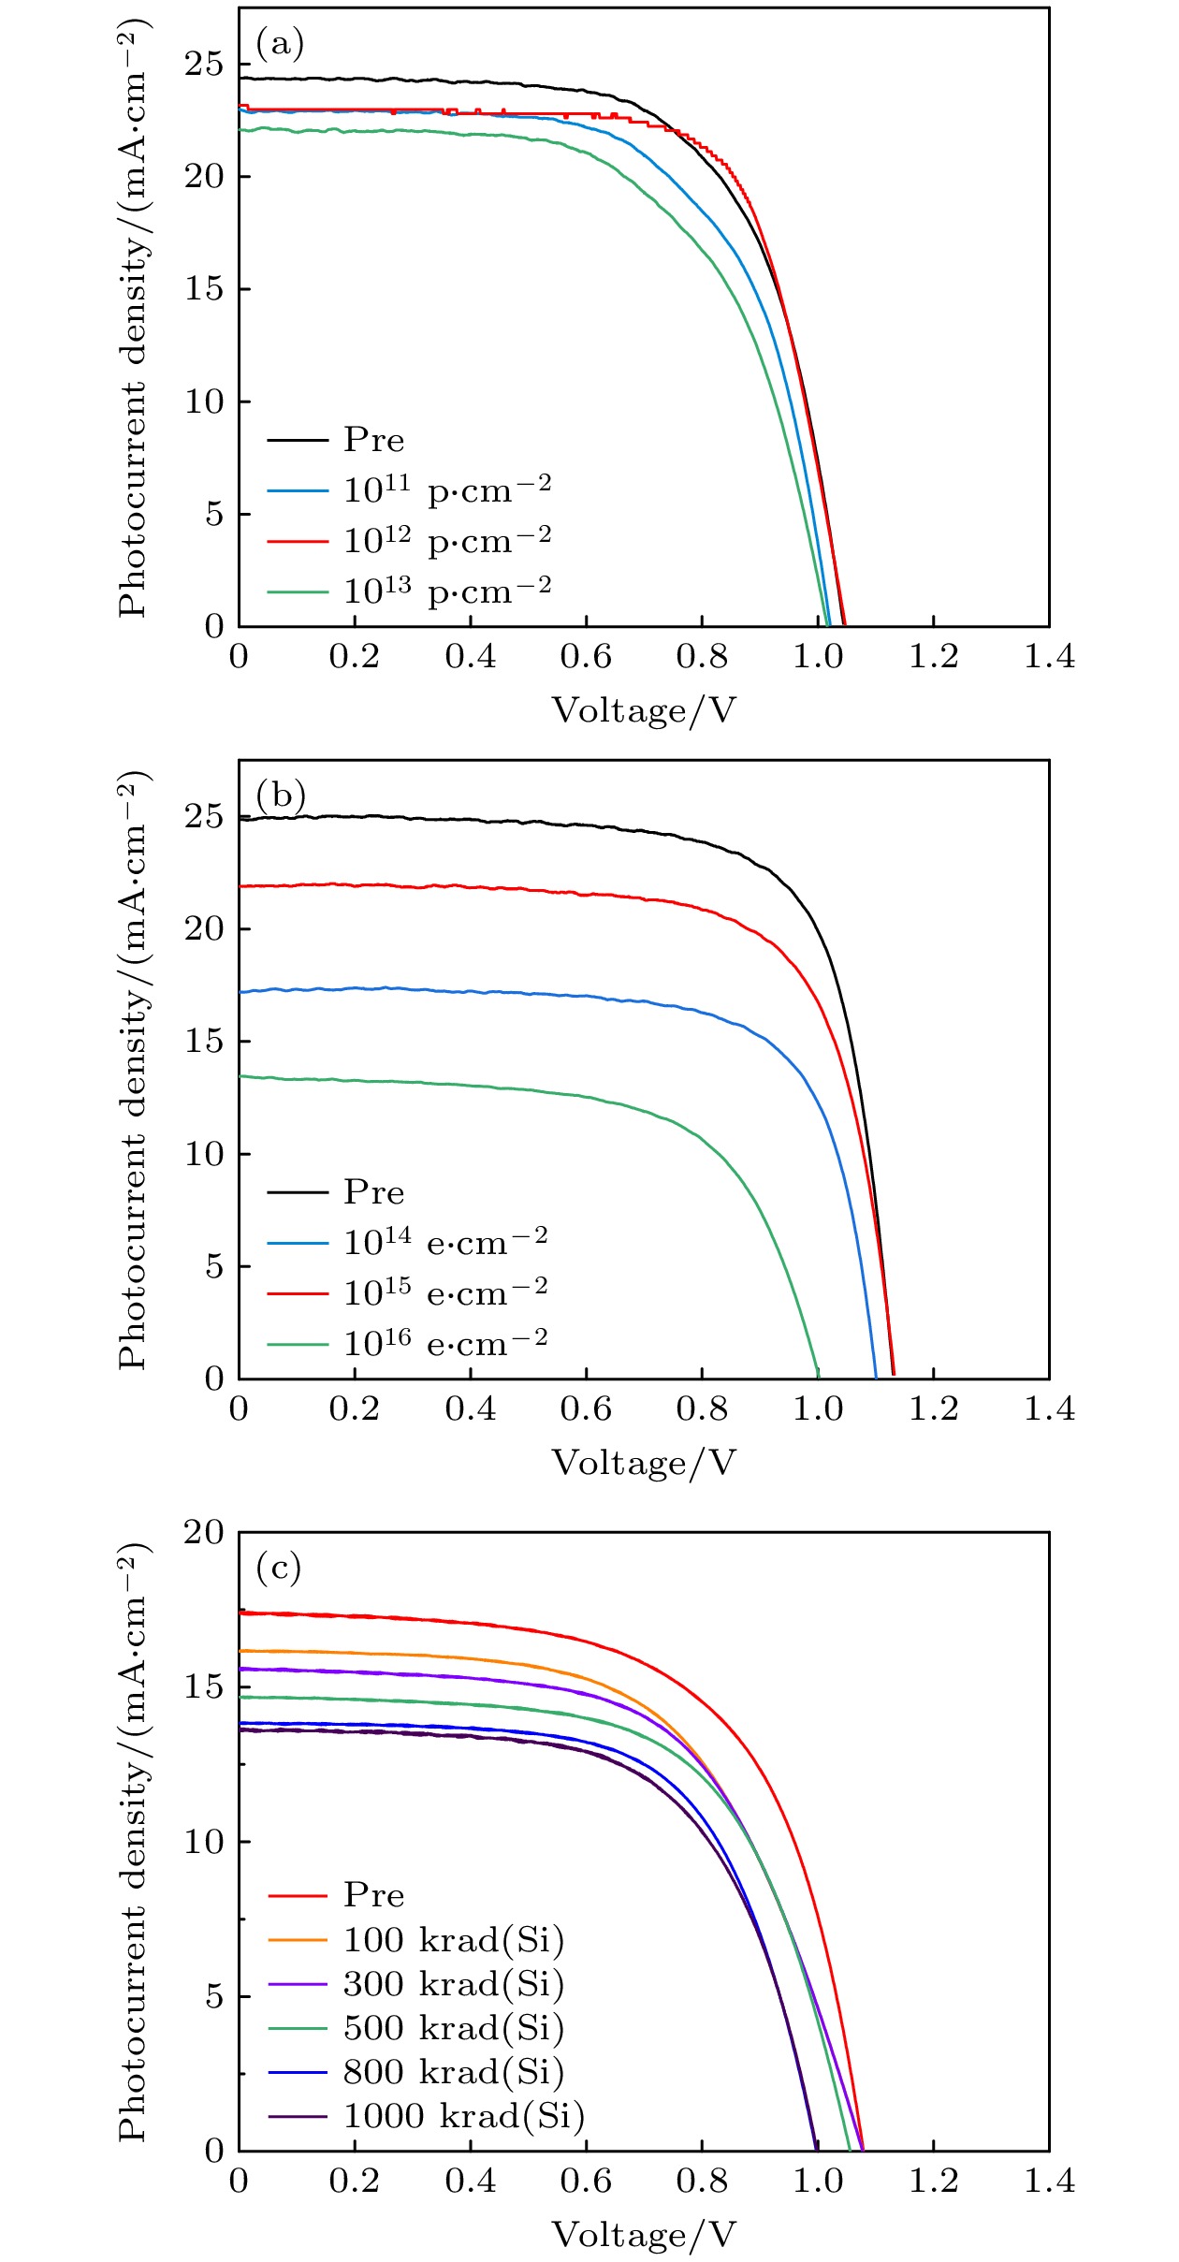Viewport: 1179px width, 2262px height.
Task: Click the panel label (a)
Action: pyautogui.click(x=280, y=44)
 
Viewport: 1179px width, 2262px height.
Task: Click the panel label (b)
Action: pyautogui.click(x=281, y=795)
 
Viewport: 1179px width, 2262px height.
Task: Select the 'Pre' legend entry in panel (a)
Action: pyautogui.click(x=373, y=440)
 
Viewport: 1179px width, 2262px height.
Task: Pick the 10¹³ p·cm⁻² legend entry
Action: pyautogui.click(x=446, y=591)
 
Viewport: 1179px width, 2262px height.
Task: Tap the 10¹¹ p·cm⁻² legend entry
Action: pyautogui.click(x=446, y=490)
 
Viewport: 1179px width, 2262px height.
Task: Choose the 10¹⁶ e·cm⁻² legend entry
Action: pyautogui.click(x=444, y=1344)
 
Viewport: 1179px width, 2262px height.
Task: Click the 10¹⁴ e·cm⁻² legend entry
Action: pyautogui.click(x=444, y=1243)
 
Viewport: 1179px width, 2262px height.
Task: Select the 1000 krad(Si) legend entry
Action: pyautogui.click(x=463, y=2115)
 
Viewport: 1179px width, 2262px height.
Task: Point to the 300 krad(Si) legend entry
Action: pyautogui.click(x=453, y=1983)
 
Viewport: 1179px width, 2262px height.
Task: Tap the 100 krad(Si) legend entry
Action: pyautogui.click(x=453, y=1939)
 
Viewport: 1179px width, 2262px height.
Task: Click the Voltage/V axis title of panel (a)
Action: pyautogui.click(x=644, y=711)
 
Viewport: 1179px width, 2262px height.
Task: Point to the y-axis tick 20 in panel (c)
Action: pyautogui.click(x=204, y=1532)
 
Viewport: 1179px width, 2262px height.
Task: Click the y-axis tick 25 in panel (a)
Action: pyautogui.click(x=204, y=65)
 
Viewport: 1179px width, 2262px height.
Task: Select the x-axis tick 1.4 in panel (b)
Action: pyautogui.click(x=1049, y=1409)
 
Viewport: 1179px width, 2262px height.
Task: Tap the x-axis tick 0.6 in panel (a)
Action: pyautogui.click(x=586, y=657)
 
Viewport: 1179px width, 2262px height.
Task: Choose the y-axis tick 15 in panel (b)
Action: pyautogui.click(x=204, y=1042)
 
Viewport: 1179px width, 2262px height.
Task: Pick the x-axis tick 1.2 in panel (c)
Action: pyautogui.click(x=933, y=2182)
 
